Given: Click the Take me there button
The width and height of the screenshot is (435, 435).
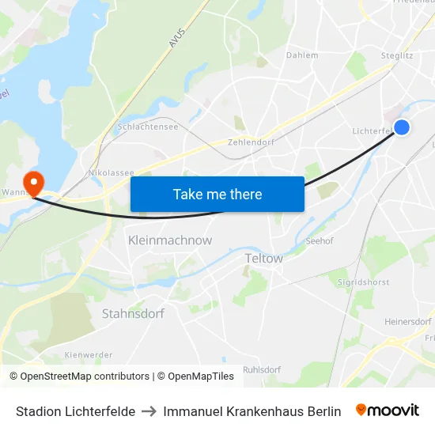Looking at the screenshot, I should pyautogui.click(x=217, y=194).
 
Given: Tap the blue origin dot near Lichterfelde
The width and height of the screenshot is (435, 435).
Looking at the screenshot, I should pyautogui.click(x=402, y=127).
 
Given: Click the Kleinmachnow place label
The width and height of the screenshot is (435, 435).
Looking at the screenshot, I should pyautogui.click(x=170, y=239).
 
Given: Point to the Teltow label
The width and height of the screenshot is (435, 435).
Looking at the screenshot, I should pyautogui.click(x=264, y=258).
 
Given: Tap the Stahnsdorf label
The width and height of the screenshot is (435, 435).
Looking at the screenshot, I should pyautogui.click(x=133, y=313).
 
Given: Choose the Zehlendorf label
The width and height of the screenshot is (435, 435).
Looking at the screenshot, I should pyautogui.click(x=250, y=142).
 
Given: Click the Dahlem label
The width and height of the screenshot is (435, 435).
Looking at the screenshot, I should pyautogui.click(x=302, y=55).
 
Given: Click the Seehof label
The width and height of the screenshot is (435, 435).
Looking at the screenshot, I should pyautogui.click(x=319, y=241).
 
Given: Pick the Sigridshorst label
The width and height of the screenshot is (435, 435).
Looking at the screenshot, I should pyautogui.click(x=364, y=281).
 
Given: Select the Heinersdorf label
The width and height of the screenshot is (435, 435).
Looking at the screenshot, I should pyautogui.click(x=408, y=322).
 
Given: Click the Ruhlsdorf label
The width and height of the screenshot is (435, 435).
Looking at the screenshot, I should pyautogui.click(x=262, y=369).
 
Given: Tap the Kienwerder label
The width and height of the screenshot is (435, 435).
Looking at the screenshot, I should pyautogui.click(x=89, y=355).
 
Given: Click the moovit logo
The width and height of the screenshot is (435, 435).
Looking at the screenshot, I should pyautogui.click(x=388, y=410).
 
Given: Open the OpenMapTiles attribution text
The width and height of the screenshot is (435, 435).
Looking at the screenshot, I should pyautogui.click(x=195, y=376).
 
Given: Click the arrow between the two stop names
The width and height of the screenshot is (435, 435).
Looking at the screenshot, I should pyautogui.click(x=149, y=411).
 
